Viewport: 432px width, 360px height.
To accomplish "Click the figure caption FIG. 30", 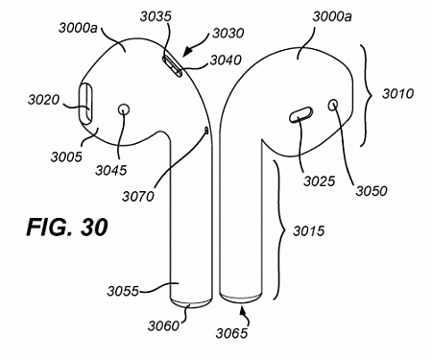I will [67, 229].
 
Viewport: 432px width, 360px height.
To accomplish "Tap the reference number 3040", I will [226, 60].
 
